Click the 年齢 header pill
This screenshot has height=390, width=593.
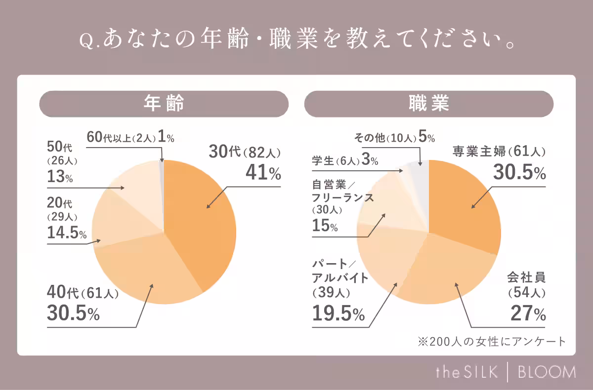pyautogui.click(x=164, y=104)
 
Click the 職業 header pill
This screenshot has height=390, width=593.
pyautogui.click(x=428, y=104)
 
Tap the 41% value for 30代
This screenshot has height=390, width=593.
pyautogui.click(x=263, y=173)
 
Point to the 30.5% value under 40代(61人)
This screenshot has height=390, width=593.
pyautogui.click(x=74, y=313)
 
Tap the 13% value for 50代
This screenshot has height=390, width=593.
pyautogui.click(x=60, y=177)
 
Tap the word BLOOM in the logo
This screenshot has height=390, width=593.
pyautogui.click(x=547, y=372)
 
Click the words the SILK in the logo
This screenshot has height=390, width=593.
pyautogui.click(x=466, y=372)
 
